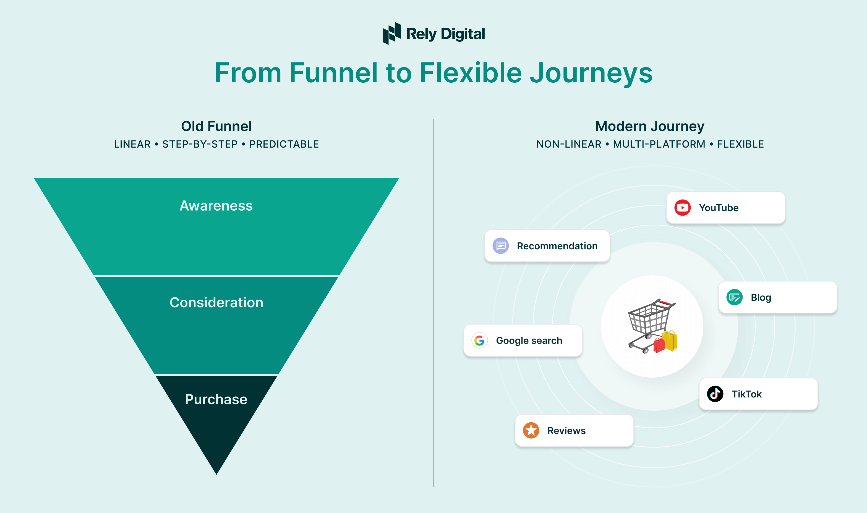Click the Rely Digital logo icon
(392, 33)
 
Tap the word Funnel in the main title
(333, 73)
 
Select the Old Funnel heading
(216, 126)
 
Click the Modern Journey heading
(649, 126)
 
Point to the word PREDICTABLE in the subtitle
(284, 144)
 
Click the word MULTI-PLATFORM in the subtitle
(659, 144)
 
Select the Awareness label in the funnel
(216, 206)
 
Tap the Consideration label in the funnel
(216, 302)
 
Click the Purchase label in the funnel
(216, 399)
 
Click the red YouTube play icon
(682, 208)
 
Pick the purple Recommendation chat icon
(501, 246)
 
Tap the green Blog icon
(734, 297)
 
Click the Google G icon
(479, 341)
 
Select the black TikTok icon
(715, 394)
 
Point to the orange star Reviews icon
(531, 430)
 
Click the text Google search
(529, 341)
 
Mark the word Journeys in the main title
(591, 73)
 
